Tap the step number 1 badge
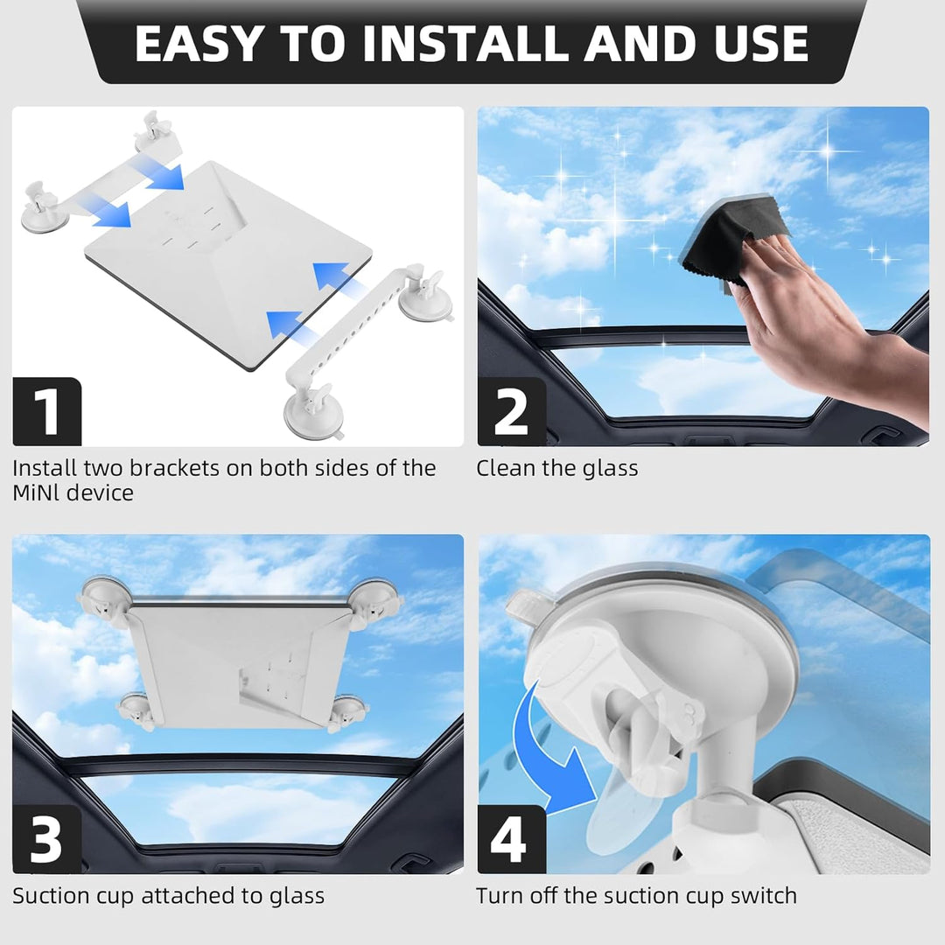coord(46,411)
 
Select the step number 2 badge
coord(511,411)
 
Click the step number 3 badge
coord(46,839)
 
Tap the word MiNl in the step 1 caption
coord(36,493)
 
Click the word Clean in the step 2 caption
coord(506,468)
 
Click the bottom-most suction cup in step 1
coord(308,411)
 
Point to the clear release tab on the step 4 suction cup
coord(523,603)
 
